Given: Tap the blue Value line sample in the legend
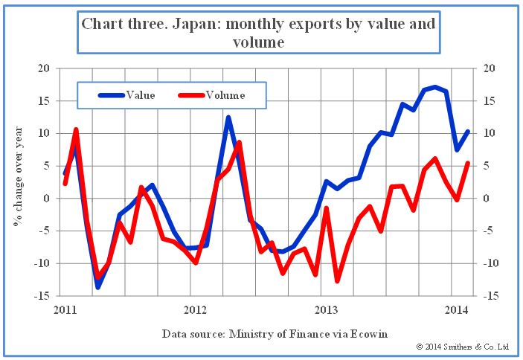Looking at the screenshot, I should pyautogui.click(x=111, y=95).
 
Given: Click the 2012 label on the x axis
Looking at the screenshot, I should pyautogui.click(x=194, y=309).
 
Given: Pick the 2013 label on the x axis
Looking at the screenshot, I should pyautogui.click(x=326, y=309).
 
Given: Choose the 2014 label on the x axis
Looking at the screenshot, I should pyautogui.click(x=457, y=309).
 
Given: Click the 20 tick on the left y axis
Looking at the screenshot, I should pyautogui.click(x=44, y=68).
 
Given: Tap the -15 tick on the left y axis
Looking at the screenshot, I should pyautogui.click(x=42, y=296).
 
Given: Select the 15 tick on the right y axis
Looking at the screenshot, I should pyautogui.click(x=490, y=101).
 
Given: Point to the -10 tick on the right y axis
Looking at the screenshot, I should pyautogui.click(x=492, y=263).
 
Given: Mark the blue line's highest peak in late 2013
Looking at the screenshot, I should pyautogui.click(x=435, y=87).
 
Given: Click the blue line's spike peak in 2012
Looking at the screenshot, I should pyautogui.click(x=228, y=118).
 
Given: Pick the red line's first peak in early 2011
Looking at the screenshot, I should pyautogui.click(x=76, y=129).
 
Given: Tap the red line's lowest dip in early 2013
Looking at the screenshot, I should pyautogui.click(x=337, y=281).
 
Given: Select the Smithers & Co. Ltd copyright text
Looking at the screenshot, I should pyautogui.click(x=462, y=347).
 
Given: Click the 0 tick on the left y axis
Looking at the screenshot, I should pyautogui.click(x=46, y=199).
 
